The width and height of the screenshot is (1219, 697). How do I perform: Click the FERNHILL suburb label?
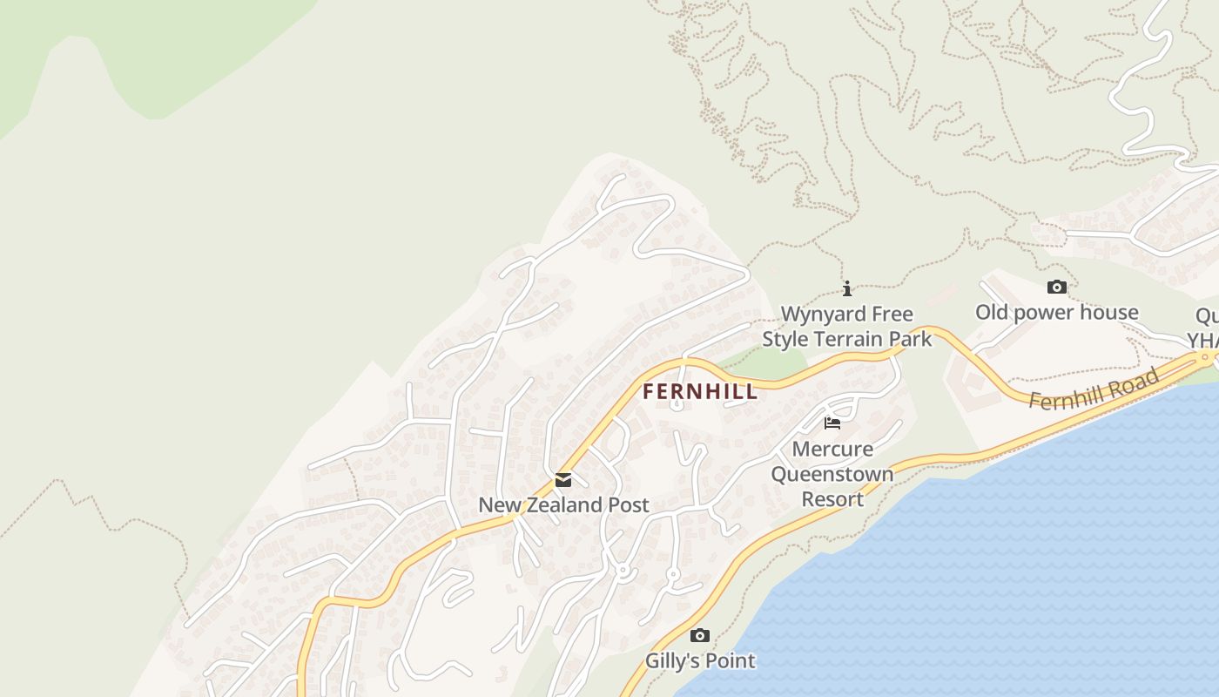(700, 391)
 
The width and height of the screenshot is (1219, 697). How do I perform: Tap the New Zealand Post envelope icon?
(563, 480)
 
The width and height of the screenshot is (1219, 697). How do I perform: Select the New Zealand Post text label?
(563, 504)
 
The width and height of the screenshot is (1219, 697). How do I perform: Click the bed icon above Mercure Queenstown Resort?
(832, 423)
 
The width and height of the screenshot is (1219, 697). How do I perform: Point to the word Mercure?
(832, 450)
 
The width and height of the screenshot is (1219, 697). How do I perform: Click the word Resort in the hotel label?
(832, 499)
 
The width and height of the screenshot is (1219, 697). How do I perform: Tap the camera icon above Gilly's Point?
(700, 635)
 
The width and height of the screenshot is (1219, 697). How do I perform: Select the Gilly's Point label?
(700, 660)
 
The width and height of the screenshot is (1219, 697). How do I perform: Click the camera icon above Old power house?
(1056, 287)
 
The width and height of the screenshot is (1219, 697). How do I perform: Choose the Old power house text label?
(1056, 312)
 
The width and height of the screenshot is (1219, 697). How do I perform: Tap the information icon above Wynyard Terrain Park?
(846, 289)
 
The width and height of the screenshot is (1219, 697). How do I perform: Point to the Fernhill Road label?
(1094, 389)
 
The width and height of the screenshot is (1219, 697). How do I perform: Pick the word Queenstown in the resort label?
(832, 475)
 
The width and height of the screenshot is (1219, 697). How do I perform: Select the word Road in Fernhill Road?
(1137, 380)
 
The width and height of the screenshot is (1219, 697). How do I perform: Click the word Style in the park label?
(787, 339)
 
